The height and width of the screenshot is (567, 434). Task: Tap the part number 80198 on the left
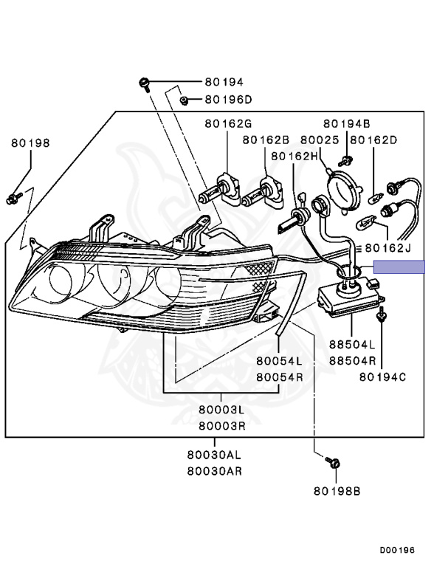[x=30, y=143]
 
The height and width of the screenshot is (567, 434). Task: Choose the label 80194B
[x=345, y=123]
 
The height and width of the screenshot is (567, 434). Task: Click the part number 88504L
[x=352, y=345]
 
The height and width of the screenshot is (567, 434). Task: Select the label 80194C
[x=383, y=377]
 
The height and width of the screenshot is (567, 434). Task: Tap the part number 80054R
[x=280, y=377]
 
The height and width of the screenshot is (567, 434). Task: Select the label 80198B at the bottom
[x=337, y=490]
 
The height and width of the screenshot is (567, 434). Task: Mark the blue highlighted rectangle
[x=399, y=267]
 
